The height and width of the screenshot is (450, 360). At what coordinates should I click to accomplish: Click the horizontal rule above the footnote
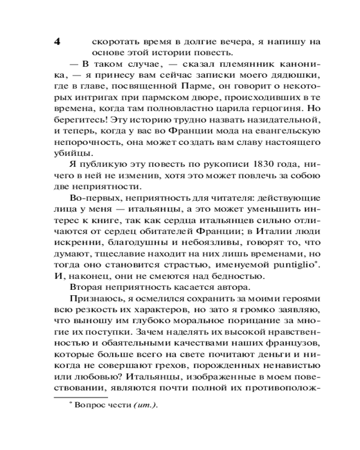81,397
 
